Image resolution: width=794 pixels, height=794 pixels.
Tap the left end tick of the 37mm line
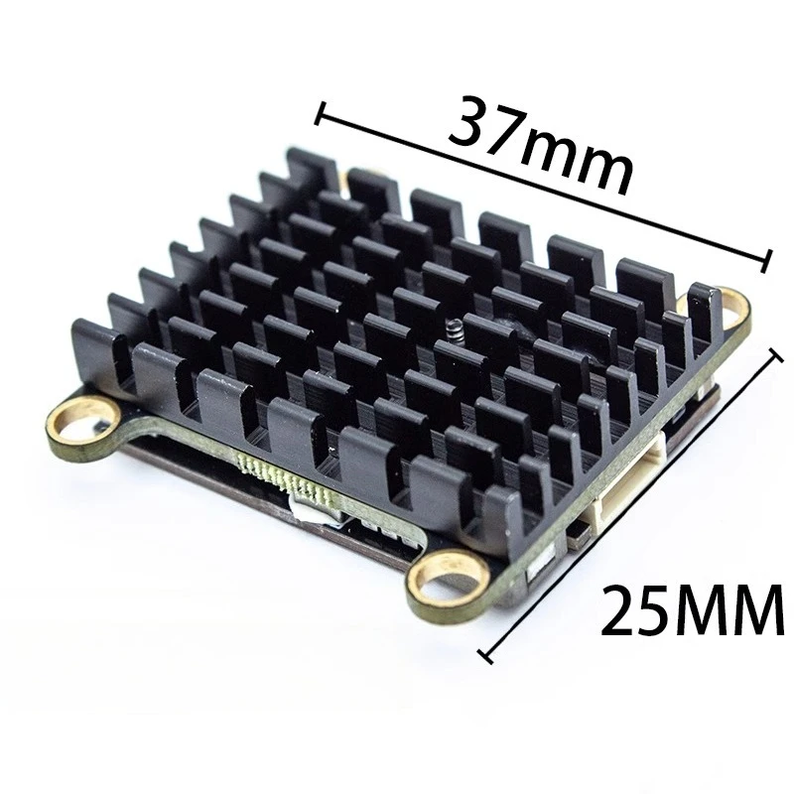(x=319, y=114)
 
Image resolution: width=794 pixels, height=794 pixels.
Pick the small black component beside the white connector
(x=575, y=535)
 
